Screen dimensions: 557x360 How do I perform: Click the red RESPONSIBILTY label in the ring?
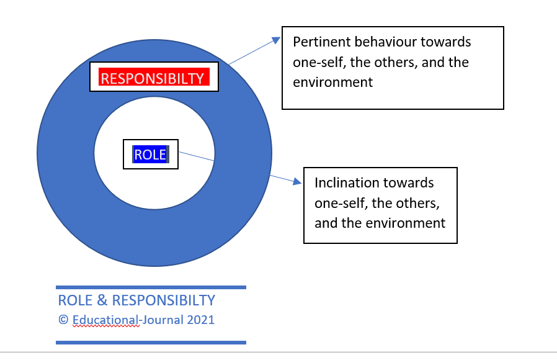coord(154,77)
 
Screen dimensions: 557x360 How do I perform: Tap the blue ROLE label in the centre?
coord(151,154)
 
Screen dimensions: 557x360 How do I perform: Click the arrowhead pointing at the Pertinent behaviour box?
coord(276,40)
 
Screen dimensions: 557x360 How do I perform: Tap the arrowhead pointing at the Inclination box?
coord(297,182)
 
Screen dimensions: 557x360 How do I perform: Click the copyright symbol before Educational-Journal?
coord(63,320)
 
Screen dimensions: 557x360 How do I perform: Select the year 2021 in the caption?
coord(201,320)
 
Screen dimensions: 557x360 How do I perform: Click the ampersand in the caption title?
coord(102,300)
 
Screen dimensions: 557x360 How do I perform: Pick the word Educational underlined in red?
coord(105,320)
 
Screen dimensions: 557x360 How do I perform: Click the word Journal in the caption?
coord(163,320)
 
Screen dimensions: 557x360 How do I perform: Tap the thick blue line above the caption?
coord(151,287)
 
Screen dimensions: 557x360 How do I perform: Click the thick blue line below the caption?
coord(151,343)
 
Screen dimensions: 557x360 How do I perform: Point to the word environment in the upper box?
coord(333,83)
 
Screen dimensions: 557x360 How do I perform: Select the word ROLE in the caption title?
coord(75,300)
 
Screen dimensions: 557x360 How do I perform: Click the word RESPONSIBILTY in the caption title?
coord(163,300)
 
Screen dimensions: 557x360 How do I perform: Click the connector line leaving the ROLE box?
coord(197,156)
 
